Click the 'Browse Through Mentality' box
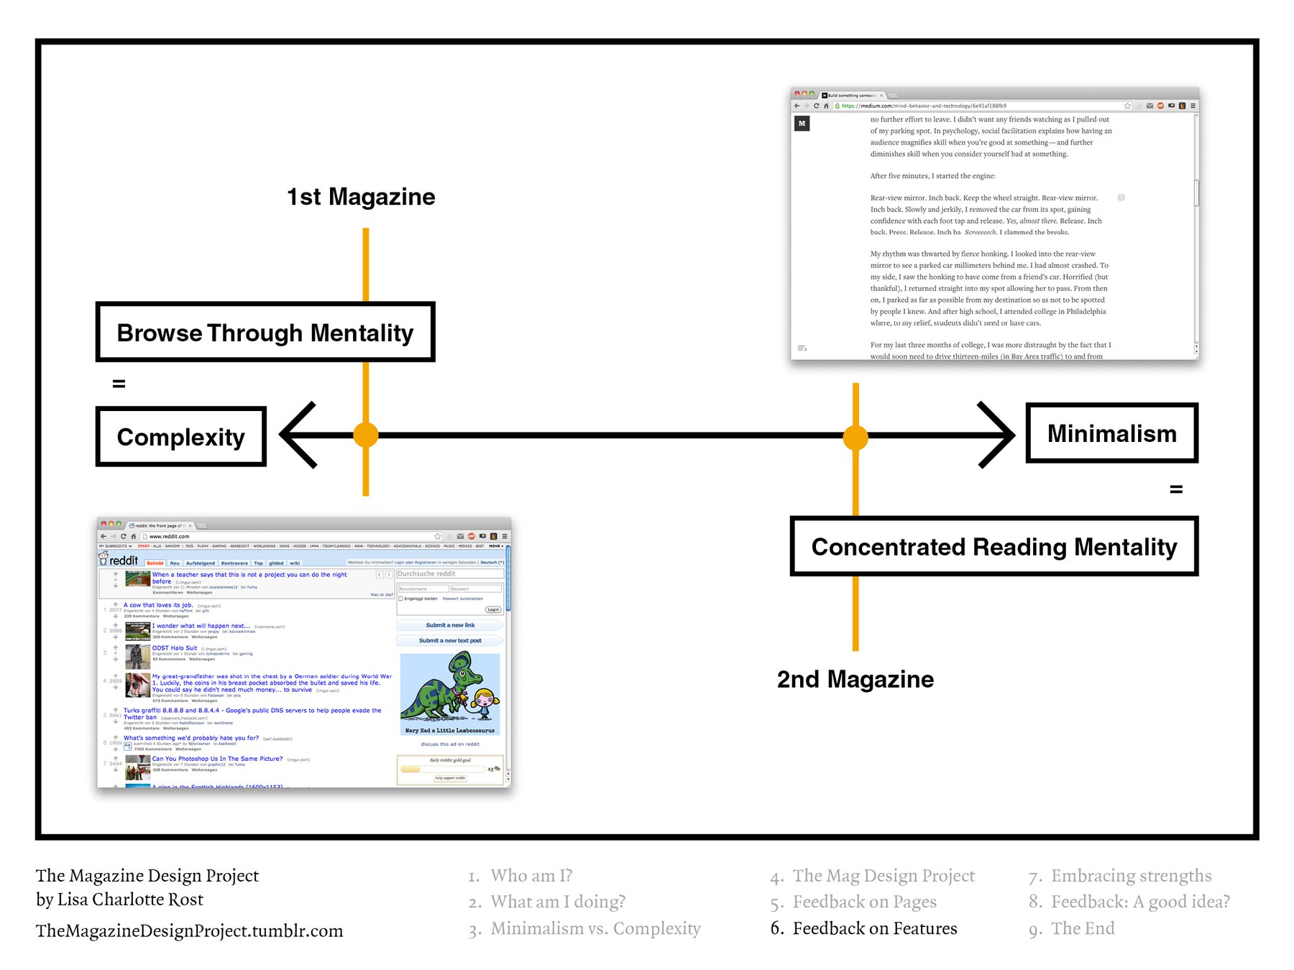(x=265, y=332)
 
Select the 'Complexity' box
(x=181, y=437)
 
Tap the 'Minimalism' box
(x=1111, y=433)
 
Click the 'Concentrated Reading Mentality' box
(x=994, y=547)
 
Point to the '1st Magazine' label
(x=361, y=197)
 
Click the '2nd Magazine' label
(x=855, y=679)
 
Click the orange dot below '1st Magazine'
(x=366, y=435)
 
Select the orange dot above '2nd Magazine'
(x=855, y=436)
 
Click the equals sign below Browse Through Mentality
(x=119, y=384)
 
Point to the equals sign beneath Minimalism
(x=1176, y=489)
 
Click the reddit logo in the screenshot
(x=119, y=560)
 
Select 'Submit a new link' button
(x=450, y=625)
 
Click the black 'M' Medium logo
(x=802, y=124)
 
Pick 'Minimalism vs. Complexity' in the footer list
(x=595, y=928)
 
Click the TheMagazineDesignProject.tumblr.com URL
(x=189, y=930)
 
